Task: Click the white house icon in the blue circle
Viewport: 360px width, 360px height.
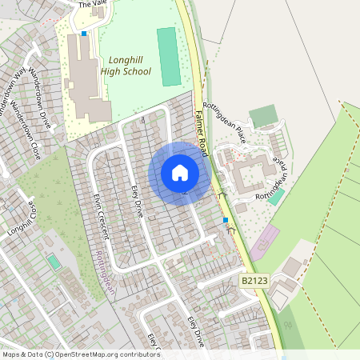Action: click(x=179, y=172)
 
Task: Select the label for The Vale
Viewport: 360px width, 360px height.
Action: click(x=91, y=4)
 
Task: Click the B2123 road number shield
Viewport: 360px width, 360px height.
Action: click(x=253, y=281)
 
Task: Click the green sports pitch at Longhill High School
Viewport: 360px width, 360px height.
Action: click(x=168, y=56)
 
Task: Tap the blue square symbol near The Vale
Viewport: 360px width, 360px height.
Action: click(x=83, y=34)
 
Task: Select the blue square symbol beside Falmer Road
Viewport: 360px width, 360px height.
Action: click(x=226, y=219)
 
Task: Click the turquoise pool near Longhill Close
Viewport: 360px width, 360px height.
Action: click(x=54, y=262)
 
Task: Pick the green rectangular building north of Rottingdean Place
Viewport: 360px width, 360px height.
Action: click(x=262, y=116)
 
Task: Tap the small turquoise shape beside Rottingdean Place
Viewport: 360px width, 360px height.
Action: click(x=275, y=196)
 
